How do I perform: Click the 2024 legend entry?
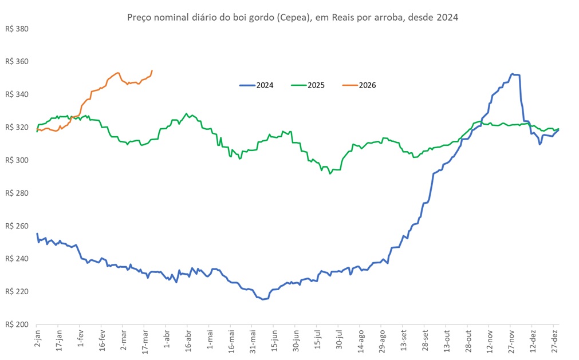[256, 85]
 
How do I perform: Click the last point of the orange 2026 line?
[152, 70]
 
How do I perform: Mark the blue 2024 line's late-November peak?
[513, 74]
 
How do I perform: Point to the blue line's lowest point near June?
[263, 299]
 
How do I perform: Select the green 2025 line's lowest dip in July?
[330, 173]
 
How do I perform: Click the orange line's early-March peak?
[117, 73]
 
